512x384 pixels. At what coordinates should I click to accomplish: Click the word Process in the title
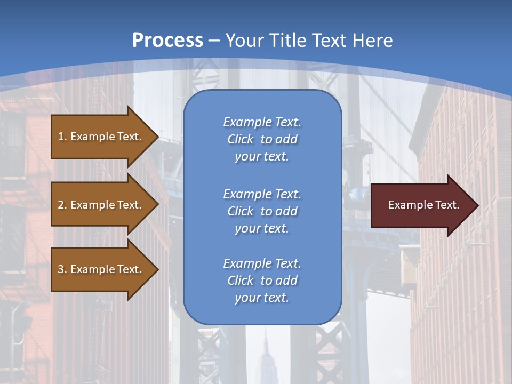click(167, 41)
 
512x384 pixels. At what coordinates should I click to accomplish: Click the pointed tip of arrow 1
click(157, 137)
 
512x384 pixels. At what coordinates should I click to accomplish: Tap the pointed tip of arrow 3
click(157, 269)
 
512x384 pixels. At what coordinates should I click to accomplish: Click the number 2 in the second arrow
click(61, 205)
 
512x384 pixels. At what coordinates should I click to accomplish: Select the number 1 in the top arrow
click(61, 137)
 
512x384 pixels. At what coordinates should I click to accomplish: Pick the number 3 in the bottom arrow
click(61, 269)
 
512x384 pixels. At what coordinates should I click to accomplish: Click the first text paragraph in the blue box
click(262, 139)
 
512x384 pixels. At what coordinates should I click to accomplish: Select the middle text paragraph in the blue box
click(262, 211)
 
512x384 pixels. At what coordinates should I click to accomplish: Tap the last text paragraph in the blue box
click(262, 281)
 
